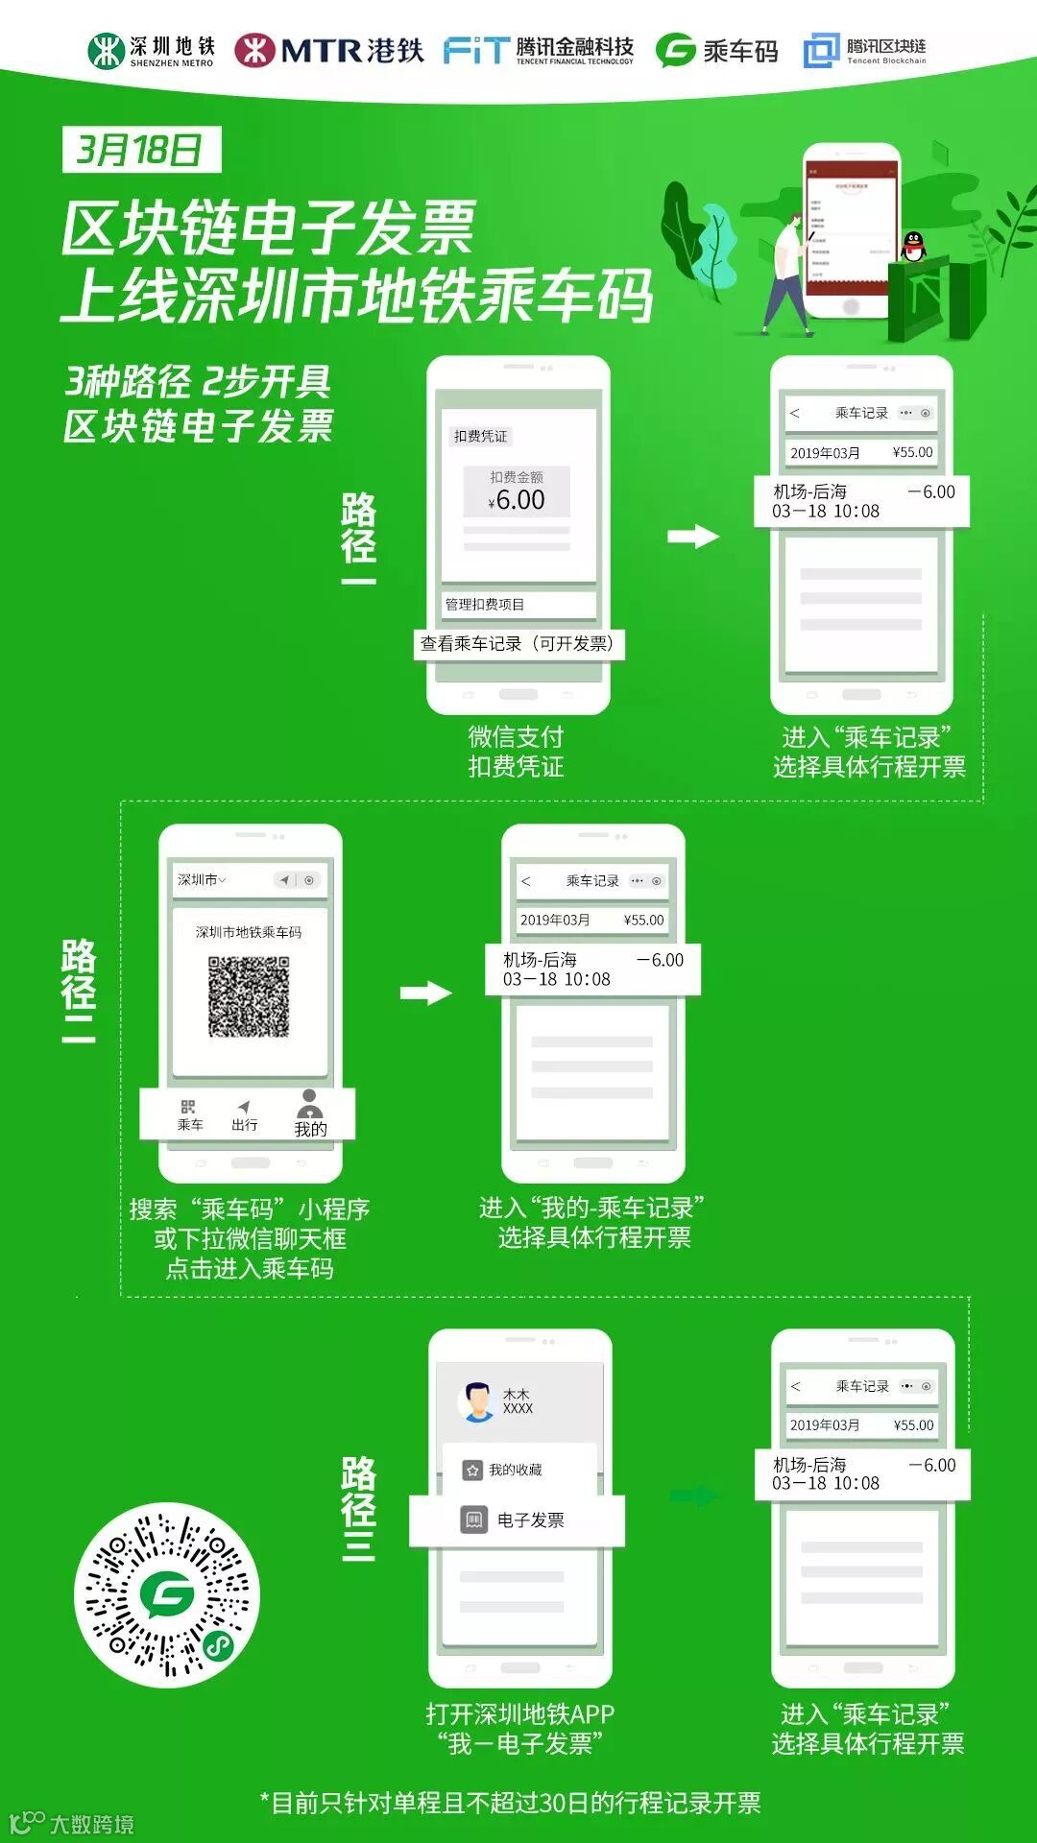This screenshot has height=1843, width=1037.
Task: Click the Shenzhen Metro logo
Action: [151, 51]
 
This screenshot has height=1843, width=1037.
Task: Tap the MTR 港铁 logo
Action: [328, 50]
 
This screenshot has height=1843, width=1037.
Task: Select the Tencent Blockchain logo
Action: [864, 50]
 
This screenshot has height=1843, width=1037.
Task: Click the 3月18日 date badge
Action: [141, 150]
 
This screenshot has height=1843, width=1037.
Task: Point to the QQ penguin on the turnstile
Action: [913, 247]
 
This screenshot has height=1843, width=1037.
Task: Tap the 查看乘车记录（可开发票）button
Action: [518, 643]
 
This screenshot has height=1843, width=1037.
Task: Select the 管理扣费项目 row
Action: [518, 604]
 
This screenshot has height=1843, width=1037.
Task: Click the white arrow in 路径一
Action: [693, 536]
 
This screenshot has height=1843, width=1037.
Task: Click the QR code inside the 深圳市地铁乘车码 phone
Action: [249, 996]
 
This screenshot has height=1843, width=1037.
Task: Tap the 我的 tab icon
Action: [309, 1113]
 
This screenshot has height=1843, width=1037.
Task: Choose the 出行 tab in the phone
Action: [244, 1114]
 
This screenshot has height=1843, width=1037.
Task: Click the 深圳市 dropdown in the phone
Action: [202, 879]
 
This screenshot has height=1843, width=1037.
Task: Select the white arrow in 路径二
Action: [425, 993]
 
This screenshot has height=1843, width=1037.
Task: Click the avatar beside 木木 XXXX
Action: [476, 1401]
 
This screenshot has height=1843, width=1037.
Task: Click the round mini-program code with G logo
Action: [167, 1594]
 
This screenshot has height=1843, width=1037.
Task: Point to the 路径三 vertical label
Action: [358, 1508]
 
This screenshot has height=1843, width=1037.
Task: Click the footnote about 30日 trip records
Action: [510, 1803]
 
